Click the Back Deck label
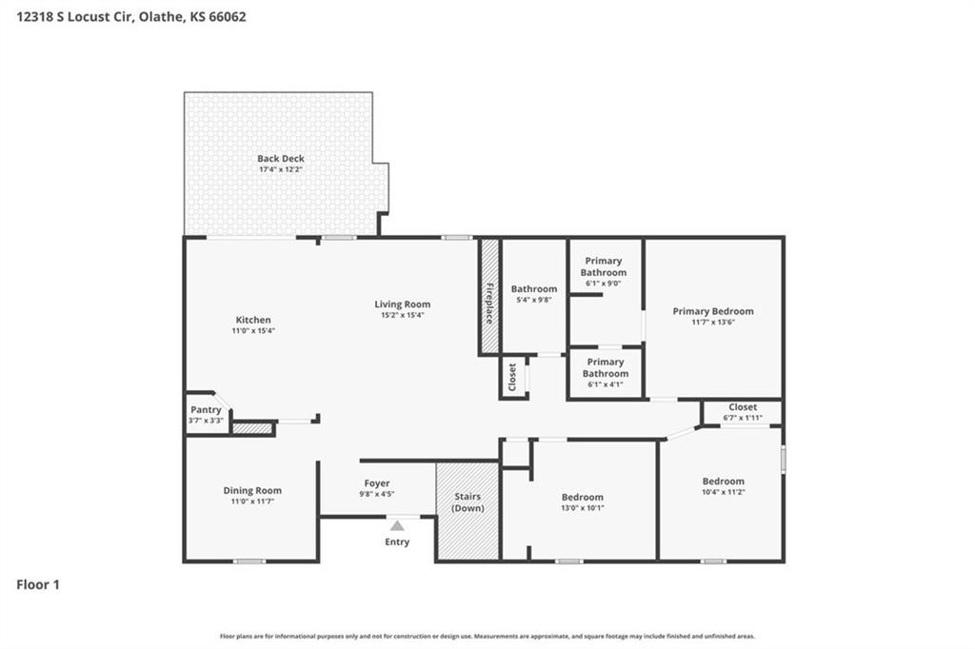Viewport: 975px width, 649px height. click(x=281, y=159)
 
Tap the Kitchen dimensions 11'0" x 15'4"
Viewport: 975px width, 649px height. click(x=253, y=331)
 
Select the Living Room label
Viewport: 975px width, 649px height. click(x=403, y=304)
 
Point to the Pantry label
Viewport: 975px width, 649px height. click(x=206, y=409)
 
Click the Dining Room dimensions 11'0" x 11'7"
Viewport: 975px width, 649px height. click(x=252, y=501)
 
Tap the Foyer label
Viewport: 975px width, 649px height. click(x=377, y=483)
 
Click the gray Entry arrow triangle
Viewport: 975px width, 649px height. click(x=397, y=526)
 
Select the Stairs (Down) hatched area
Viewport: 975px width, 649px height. click(x=468, y=511)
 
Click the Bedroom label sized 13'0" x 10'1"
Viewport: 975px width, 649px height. click(x=583, y=497)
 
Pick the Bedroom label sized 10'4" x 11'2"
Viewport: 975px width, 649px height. click(x=724, y=482)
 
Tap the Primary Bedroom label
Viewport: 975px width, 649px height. click(x=713, y=311)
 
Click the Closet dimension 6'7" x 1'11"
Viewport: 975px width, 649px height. click(x=743, y=418)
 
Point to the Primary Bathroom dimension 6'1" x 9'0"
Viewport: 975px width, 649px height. click(x=603, y=284)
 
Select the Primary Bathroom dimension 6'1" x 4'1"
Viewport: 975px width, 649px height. click(x=605, y=384)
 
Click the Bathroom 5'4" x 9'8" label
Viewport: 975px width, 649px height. click(x=534, y=288)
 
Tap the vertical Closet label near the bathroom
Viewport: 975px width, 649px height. click(x=512, y=378)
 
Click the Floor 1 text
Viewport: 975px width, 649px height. click(x=38, y=584)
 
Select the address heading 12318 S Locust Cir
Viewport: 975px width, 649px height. click(x=74, y=17)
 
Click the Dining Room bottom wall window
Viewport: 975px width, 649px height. click(x=249, y=561)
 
